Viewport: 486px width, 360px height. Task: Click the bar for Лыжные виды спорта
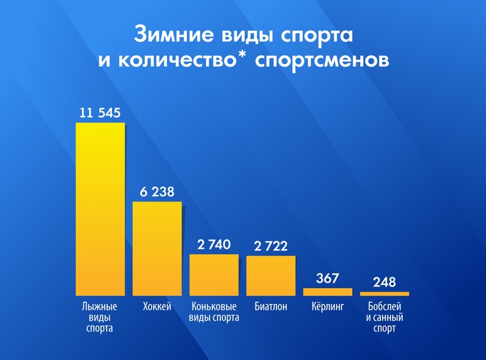coord(100,210)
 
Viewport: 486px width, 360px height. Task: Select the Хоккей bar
coord(157,248)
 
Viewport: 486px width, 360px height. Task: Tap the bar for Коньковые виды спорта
coord(214,275)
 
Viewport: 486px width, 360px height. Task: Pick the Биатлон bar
coord(270,275)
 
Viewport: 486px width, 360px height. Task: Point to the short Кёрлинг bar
coord(328,291)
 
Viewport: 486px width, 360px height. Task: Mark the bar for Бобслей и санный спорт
coord(384,293)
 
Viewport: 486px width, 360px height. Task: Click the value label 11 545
coord(100,113)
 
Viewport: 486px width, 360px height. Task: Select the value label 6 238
coord(157,192)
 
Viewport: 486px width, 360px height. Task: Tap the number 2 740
coord(214,245)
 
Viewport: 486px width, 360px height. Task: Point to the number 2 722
coord(270,246)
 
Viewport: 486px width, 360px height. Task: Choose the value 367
coord(328,278)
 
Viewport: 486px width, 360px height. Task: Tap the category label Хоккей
coord(157,307)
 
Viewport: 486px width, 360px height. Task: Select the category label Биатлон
coord(270,307)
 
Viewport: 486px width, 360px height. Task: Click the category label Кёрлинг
coord(328,307)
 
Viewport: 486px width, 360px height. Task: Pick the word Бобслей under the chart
coord(384,307)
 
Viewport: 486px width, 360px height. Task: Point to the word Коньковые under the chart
coord(214,307)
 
